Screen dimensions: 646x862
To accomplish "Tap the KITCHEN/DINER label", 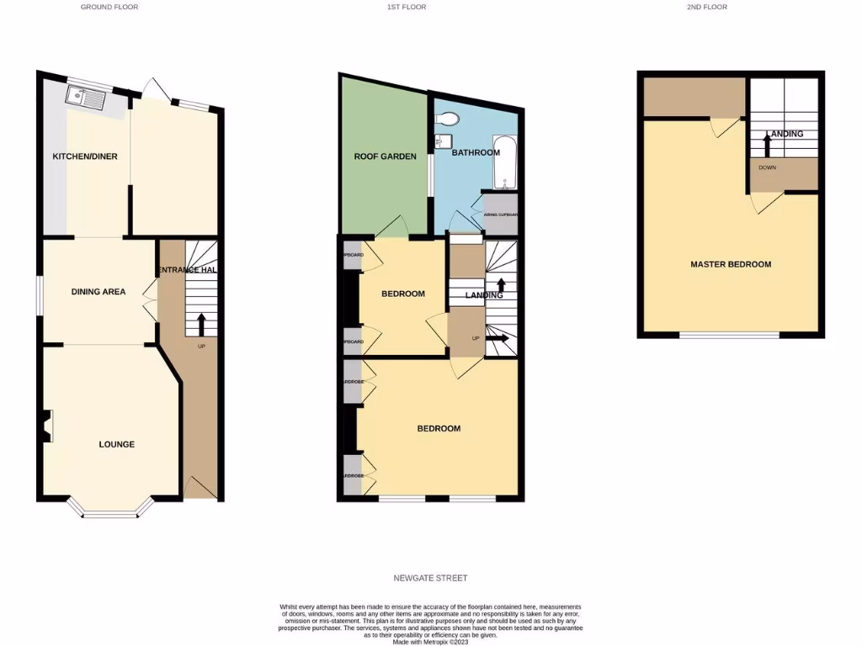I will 85,156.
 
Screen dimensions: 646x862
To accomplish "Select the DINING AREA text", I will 98,292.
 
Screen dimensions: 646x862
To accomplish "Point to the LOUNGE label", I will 116,444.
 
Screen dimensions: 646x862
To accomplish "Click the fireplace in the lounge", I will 47,426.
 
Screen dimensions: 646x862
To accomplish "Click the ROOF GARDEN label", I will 385,156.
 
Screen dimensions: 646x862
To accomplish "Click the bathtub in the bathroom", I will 504,162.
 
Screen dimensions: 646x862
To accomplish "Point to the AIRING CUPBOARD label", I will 501,214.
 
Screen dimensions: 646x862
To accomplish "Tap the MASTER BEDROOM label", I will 731,264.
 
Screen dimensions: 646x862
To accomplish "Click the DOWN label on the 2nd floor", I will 767,167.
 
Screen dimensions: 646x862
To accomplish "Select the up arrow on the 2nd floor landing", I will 767,145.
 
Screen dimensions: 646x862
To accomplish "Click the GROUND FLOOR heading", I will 109,7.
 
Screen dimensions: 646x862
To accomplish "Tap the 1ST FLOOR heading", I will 406,7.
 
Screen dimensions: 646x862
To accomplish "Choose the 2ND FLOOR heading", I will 706,7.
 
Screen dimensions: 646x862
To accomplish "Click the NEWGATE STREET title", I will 430,578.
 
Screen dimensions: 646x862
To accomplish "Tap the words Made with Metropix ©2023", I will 431,641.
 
